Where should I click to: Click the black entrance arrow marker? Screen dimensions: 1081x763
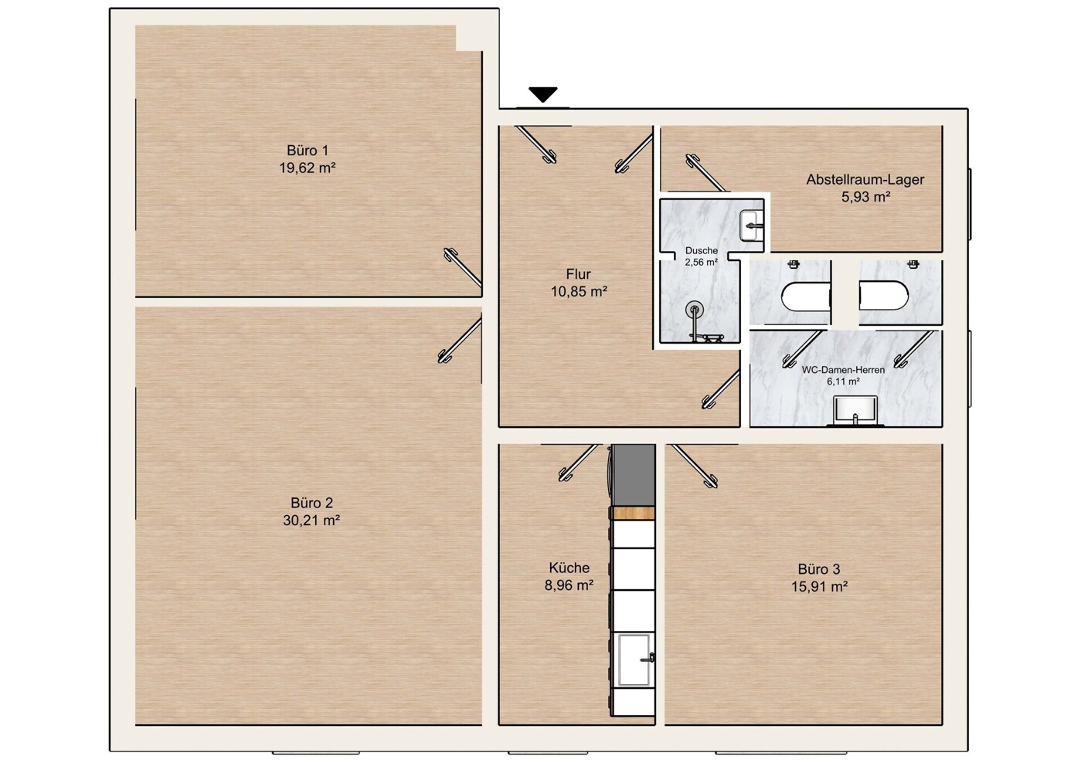tap(543, 94)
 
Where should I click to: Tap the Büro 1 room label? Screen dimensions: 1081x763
tap(308, 151)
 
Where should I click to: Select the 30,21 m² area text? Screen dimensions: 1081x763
tap(311, 521)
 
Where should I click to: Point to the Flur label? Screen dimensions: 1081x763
tap(578, 274)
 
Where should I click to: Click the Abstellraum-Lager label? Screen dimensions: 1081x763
tap(865, 179)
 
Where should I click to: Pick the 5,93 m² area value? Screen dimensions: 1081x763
tap(865, 197)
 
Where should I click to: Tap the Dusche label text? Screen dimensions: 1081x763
tap(701, 251)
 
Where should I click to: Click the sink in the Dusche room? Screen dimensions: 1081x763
tap(751, 226)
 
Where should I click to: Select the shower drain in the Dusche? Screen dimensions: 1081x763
tap(694, 310)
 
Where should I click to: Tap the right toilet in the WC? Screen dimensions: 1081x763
tap(884, 296)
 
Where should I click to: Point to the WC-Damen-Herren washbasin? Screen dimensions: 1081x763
tap(855, 412)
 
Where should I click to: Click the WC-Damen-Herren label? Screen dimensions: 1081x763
tap(843, 370)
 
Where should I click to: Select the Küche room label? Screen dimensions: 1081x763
tap(569, 568)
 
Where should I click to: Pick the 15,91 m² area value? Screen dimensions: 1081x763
tap(819, 586)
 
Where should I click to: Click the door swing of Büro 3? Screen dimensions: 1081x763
tap(695, 466)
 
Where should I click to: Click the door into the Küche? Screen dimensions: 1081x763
tap(578, 463)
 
